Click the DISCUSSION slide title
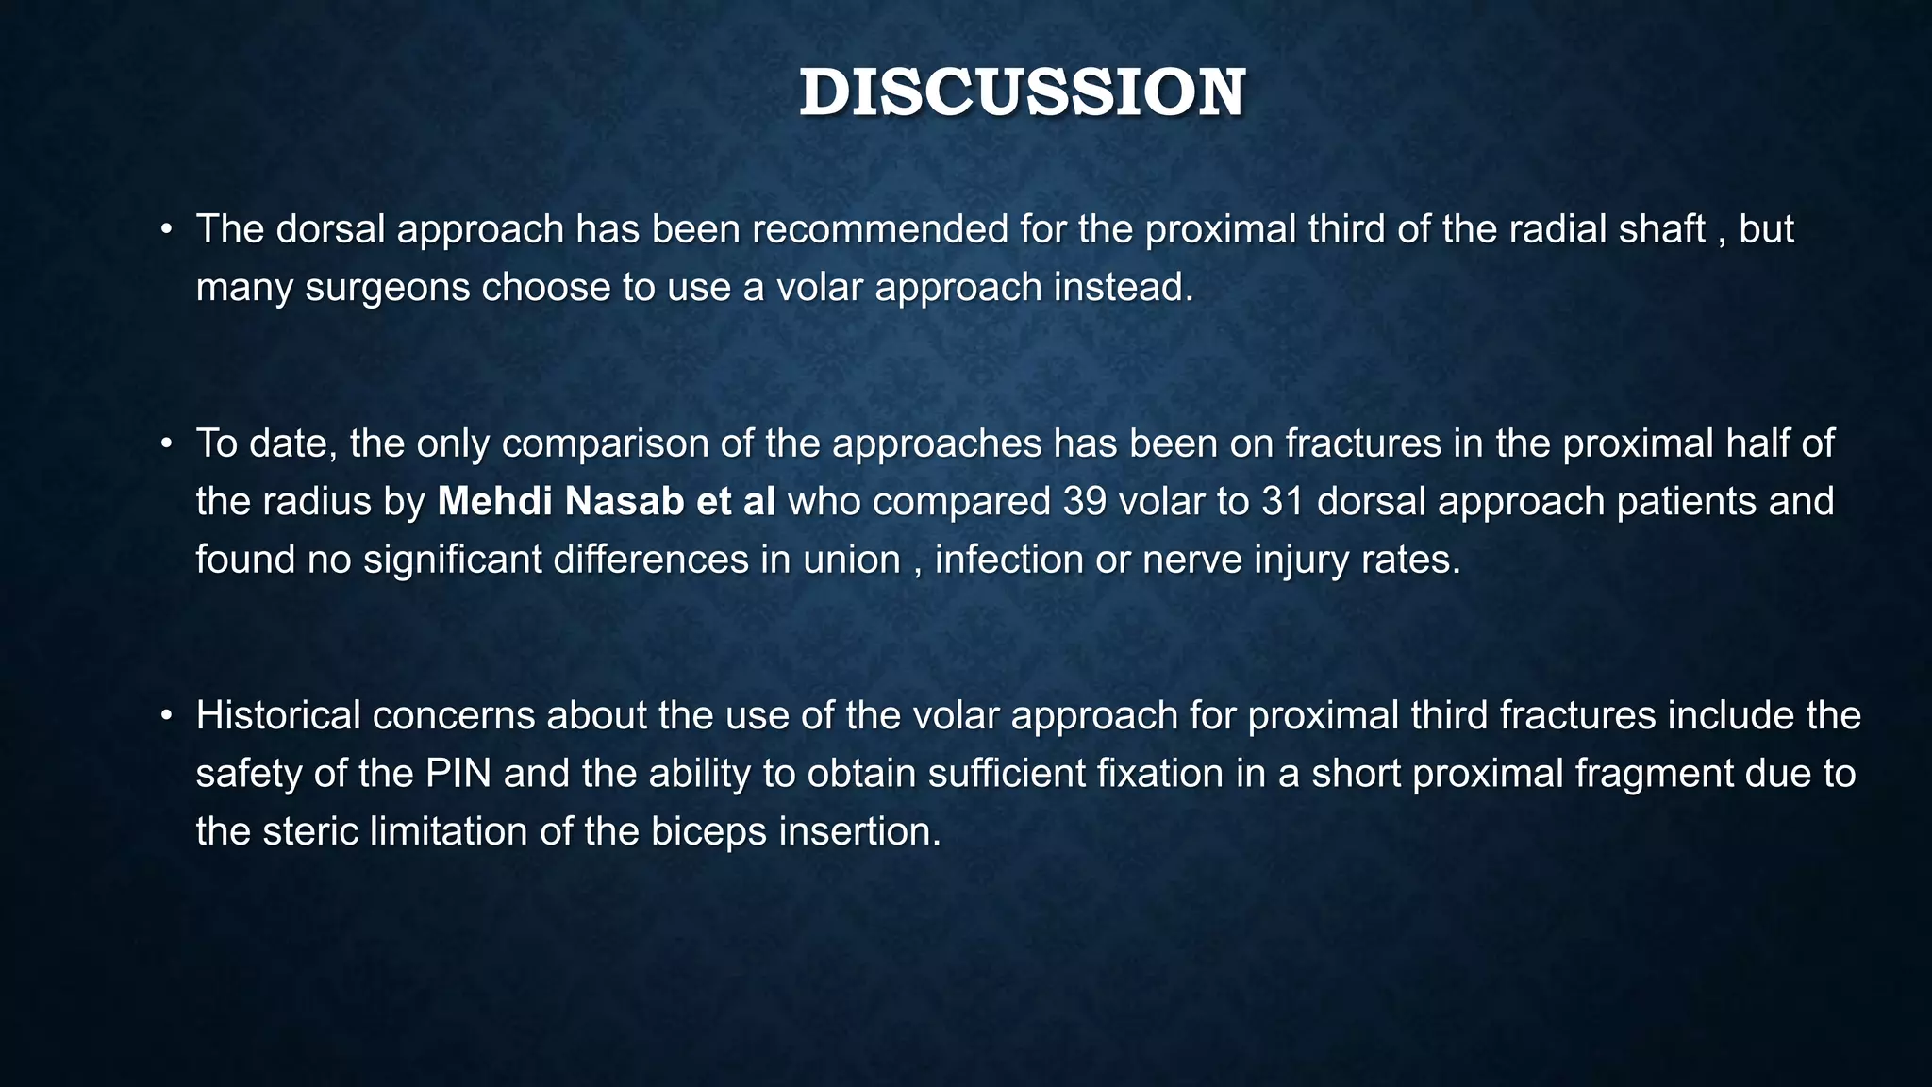(1022, 93)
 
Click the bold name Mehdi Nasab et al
(606, 502)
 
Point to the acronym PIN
(458, 775)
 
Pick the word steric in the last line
(309, 832)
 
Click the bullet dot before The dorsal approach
(166, 229)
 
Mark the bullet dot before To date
(166, 443)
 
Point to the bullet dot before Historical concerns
(166, 716)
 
